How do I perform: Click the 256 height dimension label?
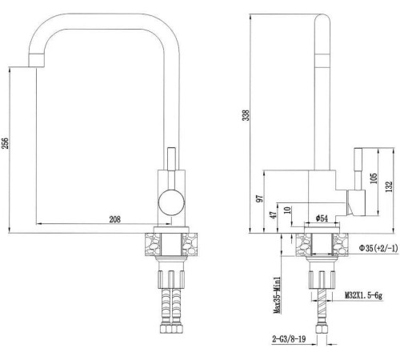(6, 143)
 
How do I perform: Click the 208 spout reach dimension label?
(115, 219)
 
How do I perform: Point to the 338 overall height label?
(246, 115)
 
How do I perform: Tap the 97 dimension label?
(260, 198)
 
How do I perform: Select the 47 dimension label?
(274, 215)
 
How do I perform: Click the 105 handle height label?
(374, 178)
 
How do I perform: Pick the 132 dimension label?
(389, 186)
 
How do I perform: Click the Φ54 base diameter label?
(322, 218)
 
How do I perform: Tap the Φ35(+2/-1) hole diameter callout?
(378, 248)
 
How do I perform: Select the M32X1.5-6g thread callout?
(364, 295)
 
